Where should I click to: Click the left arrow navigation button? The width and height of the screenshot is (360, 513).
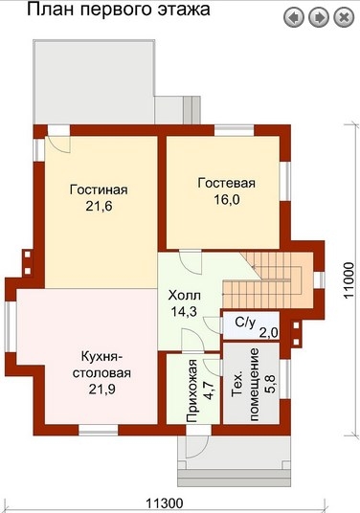pyautogui.click(x=294, y=17)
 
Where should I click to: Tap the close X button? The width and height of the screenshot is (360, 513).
pyautogui.click(x=344, y=17)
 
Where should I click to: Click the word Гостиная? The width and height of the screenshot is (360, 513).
pyautogui.click(x=99, y=190)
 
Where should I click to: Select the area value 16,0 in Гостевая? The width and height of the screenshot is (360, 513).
pyautogui.click(x=227, y=199)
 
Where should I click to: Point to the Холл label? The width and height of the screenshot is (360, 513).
pyautogui.click(x=184, y=296)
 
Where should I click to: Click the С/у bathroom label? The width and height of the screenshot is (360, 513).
pyautogui.click(x=245, y=323)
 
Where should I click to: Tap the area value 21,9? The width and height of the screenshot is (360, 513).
pyautogui.click(x=101, y=390)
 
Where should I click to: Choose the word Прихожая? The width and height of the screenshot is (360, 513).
pyautogui.click(x=192, y=390)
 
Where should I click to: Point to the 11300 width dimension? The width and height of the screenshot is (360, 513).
pyautogui.click(x=165, y=503)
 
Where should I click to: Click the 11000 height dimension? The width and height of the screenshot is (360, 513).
pyautogui.click(x=349, y=279)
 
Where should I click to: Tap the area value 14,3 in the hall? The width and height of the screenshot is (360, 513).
pyautogui.click(x=184, y=311)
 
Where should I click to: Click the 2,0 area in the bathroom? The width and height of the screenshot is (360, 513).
pyautogui.click(x=269, y=333)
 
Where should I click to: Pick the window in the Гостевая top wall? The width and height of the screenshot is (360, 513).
pyautogui.click(x=235, y=130)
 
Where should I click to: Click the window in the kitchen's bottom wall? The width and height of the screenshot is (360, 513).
pyautogui.click(x=99, y=430)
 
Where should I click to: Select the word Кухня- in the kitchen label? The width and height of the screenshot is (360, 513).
pyautogui.click(x=101, y=357)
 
